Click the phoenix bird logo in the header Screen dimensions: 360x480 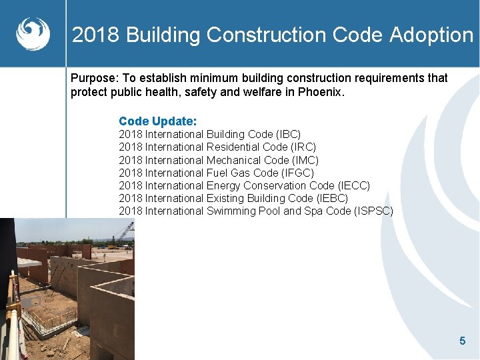(33, 33)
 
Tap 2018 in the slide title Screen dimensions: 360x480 (96, 35)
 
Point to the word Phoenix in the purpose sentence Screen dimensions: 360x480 (321, 92)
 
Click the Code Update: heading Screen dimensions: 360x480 (157, 121)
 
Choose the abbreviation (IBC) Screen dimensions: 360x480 (289, 134)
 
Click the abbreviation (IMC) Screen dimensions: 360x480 (305, 160)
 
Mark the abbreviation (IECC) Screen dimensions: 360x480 (353, 185)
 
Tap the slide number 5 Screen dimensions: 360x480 (462, 341)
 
